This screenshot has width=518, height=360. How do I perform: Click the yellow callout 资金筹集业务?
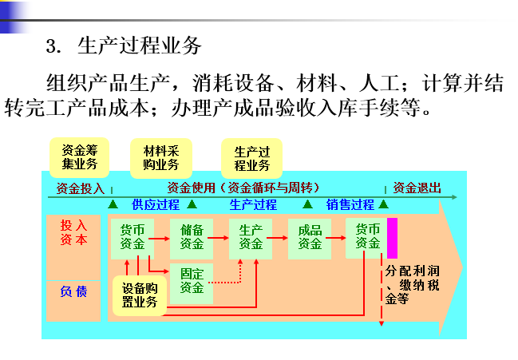point(79,156)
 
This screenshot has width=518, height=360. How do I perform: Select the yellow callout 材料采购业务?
point(160,158)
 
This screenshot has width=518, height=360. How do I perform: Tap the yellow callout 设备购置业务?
point(139,295)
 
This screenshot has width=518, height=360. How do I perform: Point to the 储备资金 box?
point(192,237)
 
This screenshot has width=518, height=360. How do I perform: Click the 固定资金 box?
point(192,281)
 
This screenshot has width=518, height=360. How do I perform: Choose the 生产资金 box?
point(251,237)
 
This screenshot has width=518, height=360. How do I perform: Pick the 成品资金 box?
point(310,237)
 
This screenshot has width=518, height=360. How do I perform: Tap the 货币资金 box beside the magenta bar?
point(367,237)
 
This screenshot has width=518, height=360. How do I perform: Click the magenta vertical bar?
point(392,237)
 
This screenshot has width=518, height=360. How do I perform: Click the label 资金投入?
point(80,189)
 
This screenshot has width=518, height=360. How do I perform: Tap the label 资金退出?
point(417,189)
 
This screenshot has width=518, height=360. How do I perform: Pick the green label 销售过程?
point(350,205)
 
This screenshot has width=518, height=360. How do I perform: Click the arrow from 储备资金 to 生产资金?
point(221,238)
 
